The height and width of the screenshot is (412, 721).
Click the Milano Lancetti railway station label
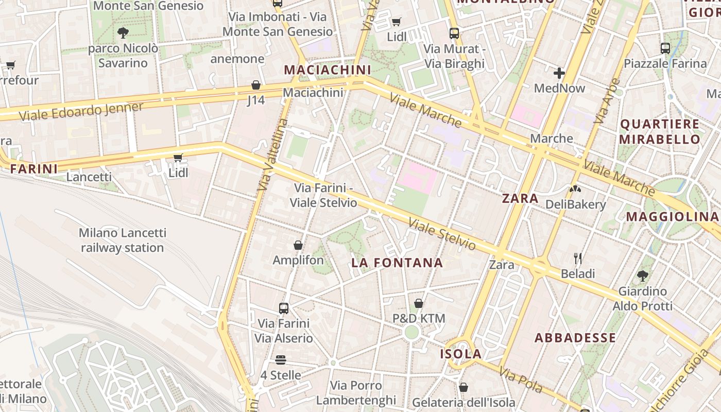[x=122, y=241]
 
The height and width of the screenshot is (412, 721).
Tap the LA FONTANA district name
[x=397, y=263]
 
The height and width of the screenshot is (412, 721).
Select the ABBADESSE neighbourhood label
[x=575, y=338]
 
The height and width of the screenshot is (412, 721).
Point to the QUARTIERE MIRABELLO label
[x=660, y=131]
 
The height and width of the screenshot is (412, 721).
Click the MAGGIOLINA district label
[x=672, y=216]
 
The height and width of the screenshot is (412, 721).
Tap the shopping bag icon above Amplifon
[x=298, y=245]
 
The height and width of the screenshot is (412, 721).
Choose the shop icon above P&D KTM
[x=419, y=303]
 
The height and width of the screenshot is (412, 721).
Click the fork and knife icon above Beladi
[x=578, y=258]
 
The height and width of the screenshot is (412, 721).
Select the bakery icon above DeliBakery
[x=575, y=189]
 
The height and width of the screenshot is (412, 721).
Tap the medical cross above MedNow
[x=559, y=73]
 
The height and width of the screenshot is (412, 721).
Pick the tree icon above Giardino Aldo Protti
[x=642, y=276]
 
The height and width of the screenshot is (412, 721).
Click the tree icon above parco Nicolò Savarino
[x=123, y=33]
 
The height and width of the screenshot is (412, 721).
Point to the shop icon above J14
[x=256, y=85]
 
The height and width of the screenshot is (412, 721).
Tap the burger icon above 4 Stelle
[x=281, y=359]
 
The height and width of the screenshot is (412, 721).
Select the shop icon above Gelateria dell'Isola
[x=463, y=387]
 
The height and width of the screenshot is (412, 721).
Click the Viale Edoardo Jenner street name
[x=81, y=111]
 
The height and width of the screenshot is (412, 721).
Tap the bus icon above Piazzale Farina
[x=665, y=48]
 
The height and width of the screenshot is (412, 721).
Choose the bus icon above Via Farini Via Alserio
[x=283, y=308]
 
